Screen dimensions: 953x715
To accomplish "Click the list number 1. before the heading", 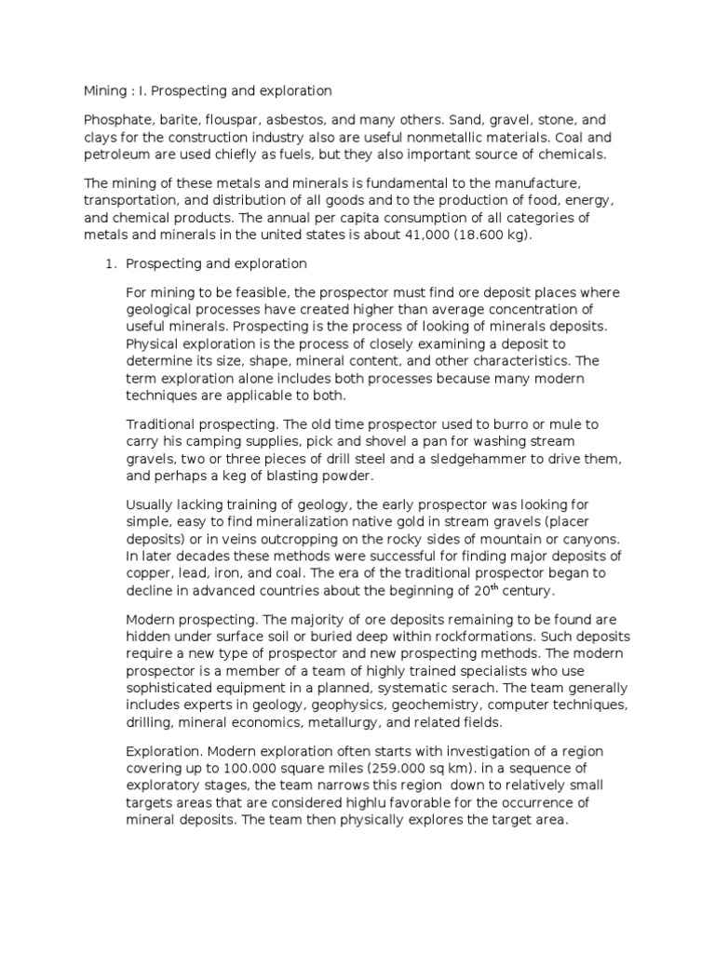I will tap(108, 264).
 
